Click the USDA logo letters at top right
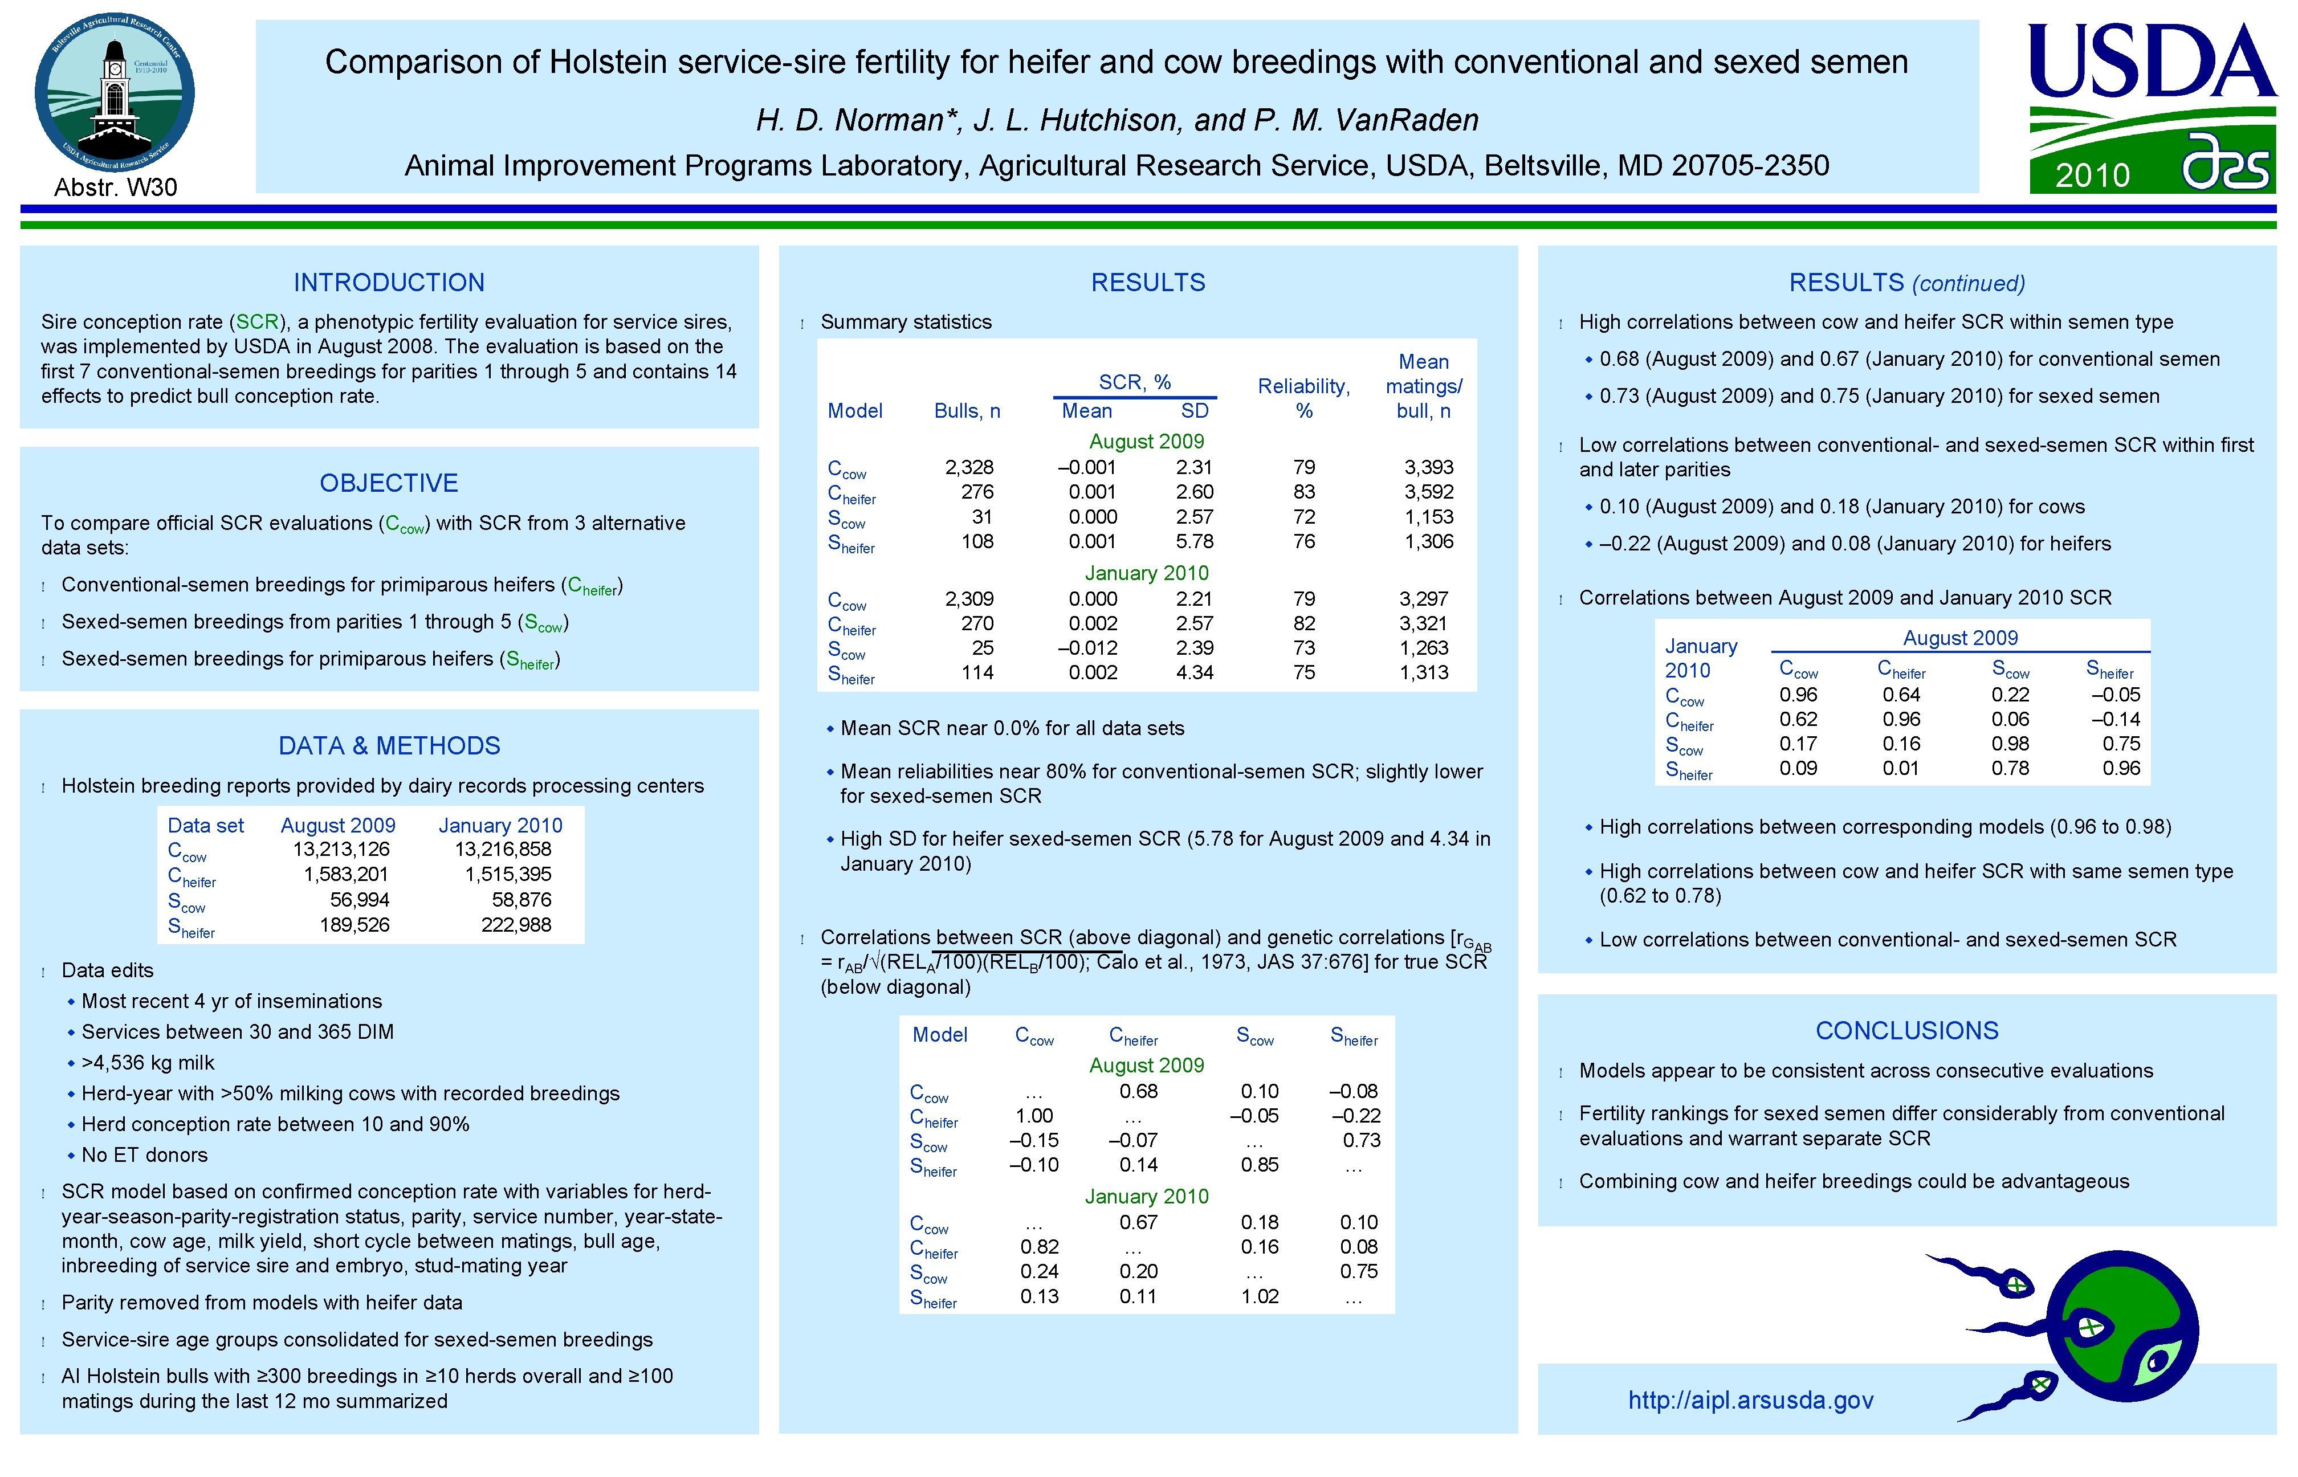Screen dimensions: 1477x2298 pyautogui.click(x=2152, y=62)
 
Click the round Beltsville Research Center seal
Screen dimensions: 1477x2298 pyautogui.click(x=115, y=93)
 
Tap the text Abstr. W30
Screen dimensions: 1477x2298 pyautogui.click(x=115, y=187)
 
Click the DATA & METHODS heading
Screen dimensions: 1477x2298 pyautogui.click(x=389, y=745)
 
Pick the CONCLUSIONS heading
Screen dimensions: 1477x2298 pyautogui.click(x=1906, y=1030)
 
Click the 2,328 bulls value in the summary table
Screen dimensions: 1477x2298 pyautogui.click(x=969, y=467)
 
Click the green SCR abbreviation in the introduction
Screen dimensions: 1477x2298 pyautogui.click(x=257, y=323)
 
